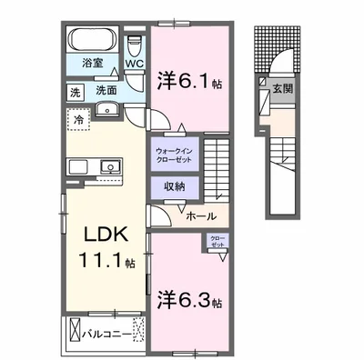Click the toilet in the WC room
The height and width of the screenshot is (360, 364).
[x=135, y=43]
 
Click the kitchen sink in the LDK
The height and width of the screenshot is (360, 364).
[x=109, y=167]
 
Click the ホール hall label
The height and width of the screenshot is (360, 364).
[x=200, y=215]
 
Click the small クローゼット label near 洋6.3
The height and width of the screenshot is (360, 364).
[x=217, y=242]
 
